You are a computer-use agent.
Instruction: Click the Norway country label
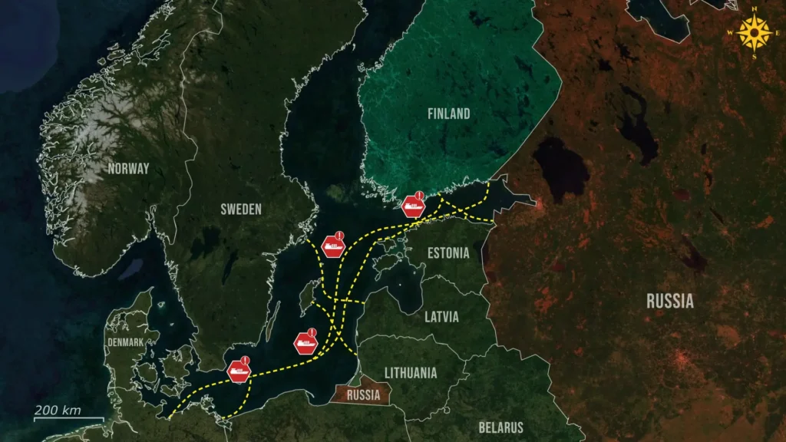click(128, 169)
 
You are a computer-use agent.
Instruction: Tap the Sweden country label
click(241, 209)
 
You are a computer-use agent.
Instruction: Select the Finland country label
click(449, 114)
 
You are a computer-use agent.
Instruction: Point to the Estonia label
click(447, 252)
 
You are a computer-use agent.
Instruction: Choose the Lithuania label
click(411, 373)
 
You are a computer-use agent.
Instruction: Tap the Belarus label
click(500, 427)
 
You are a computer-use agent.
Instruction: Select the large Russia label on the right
click(669, 301)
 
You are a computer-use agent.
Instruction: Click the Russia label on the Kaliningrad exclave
click(363, 396)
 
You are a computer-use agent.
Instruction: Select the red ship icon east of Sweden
click(334, 246)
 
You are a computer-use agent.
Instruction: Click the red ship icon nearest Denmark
click(239, 372)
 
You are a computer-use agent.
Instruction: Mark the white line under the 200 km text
click(68, 419)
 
